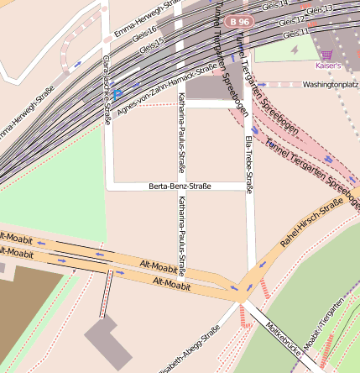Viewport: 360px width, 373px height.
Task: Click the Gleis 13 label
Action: point(320,9)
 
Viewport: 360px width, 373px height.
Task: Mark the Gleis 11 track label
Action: point(296,33)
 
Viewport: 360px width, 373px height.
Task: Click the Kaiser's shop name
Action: point(329,65)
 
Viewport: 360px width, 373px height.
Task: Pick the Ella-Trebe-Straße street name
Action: point(248,155)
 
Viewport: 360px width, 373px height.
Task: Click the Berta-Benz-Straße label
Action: point(179,186)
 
